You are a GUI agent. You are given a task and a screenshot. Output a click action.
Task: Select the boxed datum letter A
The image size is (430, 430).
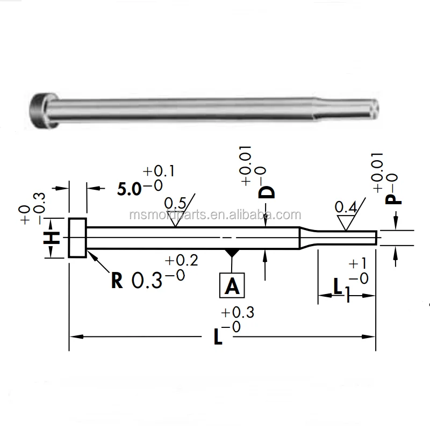click(232, 285)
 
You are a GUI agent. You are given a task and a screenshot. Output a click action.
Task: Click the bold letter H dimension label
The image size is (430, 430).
click(52, 238)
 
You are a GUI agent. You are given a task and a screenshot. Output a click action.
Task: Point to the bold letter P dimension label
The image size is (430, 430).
click(395, 198)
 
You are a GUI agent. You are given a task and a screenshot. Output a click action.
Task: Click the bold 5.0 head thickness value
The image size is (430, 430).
click(130, 189)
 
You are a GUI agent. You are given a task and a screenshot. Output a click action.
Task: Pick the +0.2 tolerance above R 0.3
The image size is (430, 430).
click(182, 261)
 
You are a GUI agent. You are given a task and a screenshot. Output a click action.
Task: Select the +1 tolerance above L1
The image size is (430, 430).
click(357, 264)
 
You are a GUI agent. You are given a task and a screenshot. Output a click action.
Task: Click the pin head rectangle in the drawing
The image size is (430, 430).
click(77, 238)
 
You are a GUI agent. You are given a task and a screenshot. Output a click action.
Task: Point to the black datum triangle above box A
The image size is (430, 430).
click(232, 252)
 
